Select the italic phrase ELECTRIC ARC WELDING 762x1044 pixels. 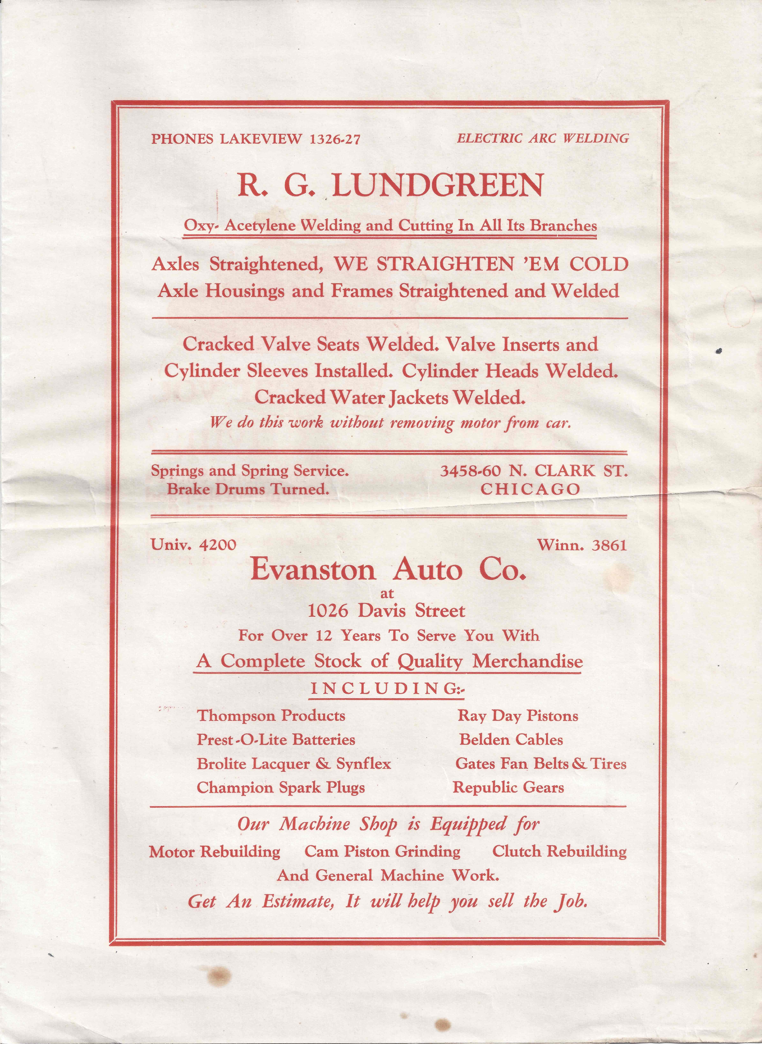click(542, 138)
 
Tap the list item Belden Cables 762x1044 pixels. click(511, 740)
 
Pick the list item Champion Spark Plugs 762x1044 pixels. click(281, 787)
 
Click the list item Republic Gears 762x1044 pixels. click(508, 787)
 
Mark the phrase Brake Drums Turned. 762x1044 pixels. click(248, 489)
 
